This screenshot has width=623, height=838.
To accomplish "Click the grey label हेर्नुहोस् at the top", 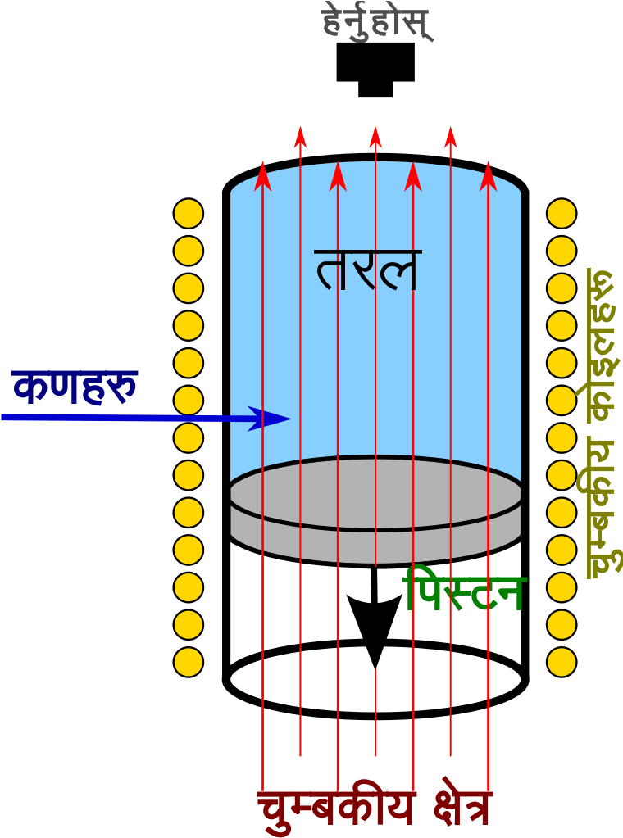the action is pyautogui.click(x=377, y=22).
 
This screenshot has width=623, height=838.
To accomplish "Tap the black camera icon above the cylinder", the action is pyautogui.click(x=375, y=70).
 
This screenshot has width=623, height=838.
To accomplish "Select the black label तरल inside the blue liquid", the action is pyautogui.click(x=367, y=270).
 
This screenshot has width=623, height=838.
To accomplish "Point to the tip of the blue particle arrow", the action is pyautogui.click(x=292, y=419).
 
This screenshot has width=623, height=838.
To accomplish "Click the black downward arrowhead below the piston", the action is pyautogui.click(x=375, y=631).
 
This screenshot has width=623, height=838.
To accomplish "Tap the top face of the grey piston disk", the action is pyautogui.click(x=375, y=493).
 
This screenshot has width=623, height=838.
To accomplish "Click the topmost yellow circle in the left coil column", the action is pyautogui.click(x=189, y=213).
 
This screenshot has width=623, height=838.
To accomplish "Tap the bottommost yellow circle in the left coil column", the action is pyautogui.click(x=189, y=662).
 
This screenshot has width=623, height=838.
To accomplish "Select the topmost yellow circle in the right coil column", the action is pyautogui.click(x=562, y=213).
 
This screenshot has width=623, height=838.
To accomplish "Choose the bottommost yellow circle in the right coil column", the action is pyautogui.click(x=562, y=662).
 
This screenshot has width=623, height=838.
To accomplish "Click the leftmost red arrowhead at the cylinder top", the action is pyautogui.click(x=262, y=176).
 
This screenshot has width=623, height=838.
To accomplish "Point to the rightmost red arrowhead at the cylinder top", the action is pyautogui.click(x=489, y=176).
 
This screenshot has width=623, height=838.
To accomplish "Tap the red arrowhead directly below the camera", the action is pyautogui.click(x=375, y=137).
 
